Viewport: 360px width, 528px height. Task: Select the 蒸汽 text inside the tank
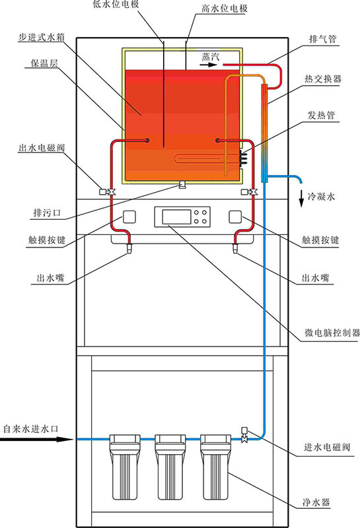tap(211, 57)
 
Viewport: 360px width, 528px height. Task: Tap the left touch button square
tap(128, 216)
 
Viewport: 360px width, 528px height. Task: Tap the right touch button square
tap(235, 216)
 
